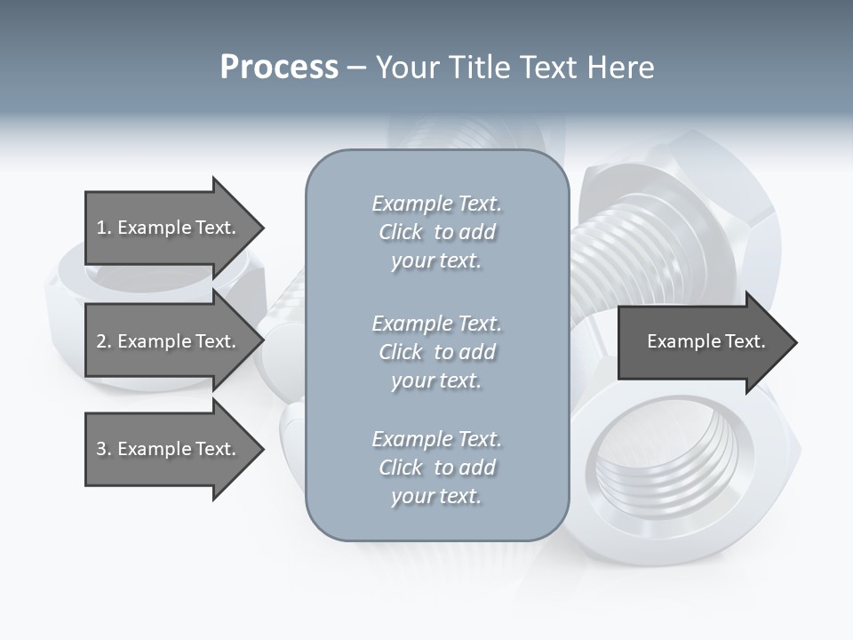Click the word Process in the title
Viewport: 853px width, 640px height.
pyautogui.click(x=279, y=68)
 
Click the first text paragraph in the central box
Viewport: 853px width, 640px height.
pyautogui.click(x=436, y=232)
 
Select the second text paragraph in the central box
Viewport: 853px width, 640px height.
pyautogui.click(x=436, y=352)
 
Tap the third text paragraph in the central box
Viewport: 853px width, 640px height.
pyautogui.click(x=436, y=468)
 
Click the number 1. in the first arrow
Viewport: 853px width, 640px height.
pyautogui.click(x=104, y=228)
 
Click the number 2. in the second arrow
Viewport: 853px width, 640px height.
pyautogui.click(x=104, y=341)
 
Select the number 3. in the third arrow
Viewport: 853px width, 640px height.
pyautogui.click(x=104, y=449)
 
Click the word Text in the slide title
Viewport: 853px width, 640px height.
pyautogui.click(x=551, y=68)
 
